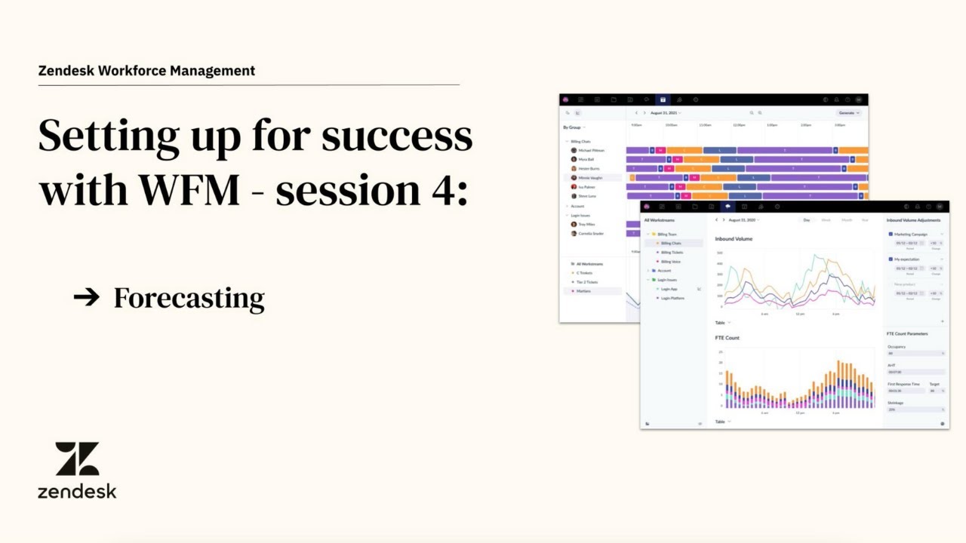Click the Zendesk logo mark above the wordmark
[77, 459]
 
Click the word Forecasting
[189, 299]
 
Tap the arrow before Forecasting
[87, 297]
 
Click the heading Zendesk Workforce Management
[146, 71]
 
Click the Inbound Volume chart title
[734, 239]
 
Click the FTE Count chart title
[727, 338]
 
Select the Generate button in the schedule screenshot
[848, 112]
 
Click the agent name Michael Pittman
[592, 150]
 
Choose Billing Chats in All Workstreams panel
[671, 244]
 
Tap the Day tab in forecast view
[806, 220]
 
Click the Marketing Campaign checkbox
[891, 235]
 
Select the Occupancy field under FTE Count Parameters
[915, 353]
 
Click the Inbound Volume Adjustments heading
[913, 220]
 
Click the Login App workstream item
[669, 289]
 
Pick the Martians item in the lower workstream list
[583, 291]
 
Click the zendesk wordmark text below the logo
[77, 492]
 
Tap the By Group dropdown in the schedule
[573, 127]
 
